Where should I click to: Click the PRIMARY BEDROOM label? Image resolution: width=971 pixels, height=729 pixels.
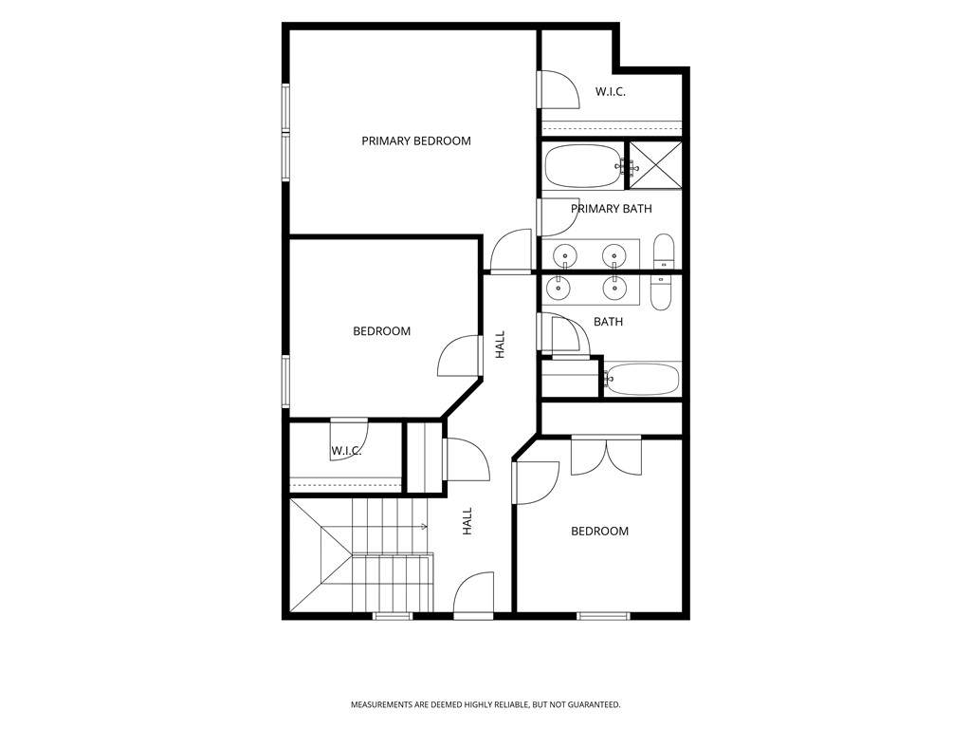pyautogui.click(x=416, y=140)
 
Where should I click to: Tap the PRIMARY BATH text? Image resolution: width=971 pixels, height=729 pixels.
pyautogui.click(x=612, y=209)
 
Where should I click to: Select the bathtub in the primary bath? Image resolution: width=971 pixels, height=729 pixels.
pyautogui.click(x=583, y=166)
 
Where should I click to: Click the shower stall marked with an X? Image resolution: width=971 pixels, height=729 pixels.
pyautogui.click(x=656, y=165)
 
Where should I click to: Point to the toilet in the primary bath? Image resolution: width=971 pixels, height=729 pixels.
pyautogui.click(x=663, y=251)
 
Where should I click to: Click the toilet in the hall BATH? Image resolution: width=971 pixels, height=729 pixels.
pyautogui.click(x=661, y=293)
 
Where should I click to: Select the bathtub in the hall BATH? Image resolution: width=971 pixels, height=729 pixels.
pyautogui.click(x=642, y=379)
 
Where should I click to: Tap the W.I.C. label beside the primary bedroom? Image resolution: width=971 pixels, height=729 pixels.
pyautogui.click(x=611, y=92)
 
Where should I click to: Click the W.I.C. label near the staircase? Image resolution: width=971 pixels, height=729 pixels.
pyautogui.click(x=346, y=451)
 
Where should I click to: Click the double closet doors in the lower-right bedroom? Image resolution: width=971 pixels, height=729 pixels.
pyautogui.click(x=606, y=457)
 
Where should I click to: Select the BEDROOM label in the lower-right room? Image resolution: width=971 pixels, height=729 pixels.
pyautogui.click(x=599, y=532)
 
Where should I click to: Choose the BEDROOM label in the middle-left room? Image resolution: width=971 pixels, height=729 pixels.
pyautogui.click(x=381, y=331)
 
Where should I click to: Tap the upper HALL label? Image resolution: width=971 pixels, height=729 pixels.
pyautogui.click(x=501, y=345)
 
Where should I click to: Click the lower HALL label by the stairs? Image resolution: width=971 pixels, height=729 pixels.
pyautogui.click(x=467, y=521)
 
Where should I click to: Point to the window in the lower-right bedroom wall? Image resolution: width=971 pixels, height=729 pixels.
pyautogui.click(x=603, y=615)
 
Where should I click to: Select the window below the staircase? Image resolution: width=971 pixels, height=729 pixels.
pyautogui.click(x=393, y=615)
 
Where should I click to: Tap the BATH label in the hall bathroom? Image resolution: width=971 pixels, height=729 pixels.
pyautogui.click(x=608, y=322)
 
